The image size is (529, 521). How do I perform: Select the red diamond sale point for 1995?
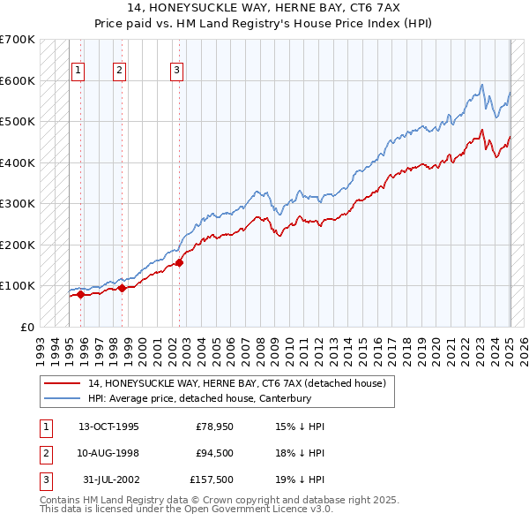[80, 295]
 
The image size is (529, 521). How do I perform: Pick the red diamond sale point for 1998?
[122, 288]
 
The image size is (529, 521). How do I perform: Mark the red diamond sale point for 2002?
[179, 262]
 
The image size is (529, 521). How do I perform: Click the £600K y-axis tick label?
[18, 80]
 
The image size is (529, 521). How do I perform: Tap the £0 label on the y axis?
[27, 327]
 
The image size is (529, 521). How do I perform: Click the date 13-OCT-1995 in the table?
[109, 427]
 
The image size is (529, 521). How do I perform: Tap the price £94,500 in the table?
[208, 454]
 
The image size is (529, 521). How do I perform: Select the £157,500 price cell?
[209, 481]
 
